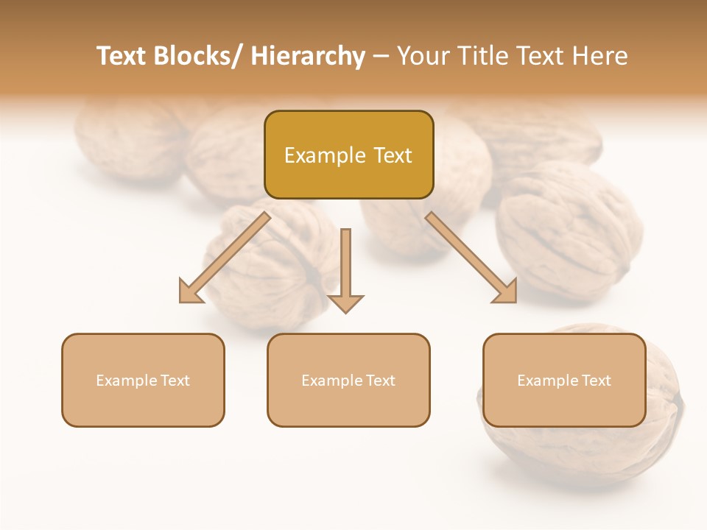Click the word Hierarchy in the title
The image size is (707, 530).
click(308, 56)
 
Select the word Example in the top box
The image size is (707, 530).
click(325, 155)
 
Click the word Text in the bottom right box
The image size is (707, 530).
click(595, 381)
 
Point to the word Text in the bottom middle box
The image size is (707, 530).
click(379, 381)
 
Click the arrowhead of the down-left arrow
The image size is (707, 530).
click(189, 292)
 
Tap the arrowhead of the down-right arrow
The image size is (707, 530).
click(507, 292)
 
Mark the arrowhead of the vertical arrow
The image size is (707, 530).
click(345, 303)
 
